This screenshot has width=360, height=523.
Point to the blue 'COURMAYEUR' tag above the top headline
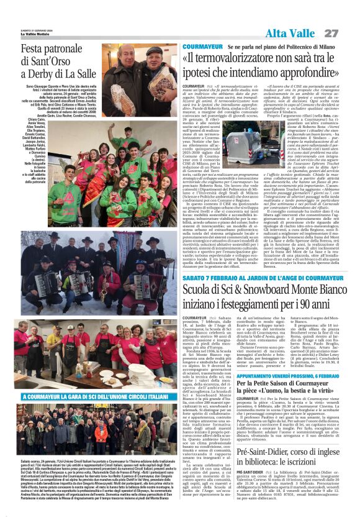click(202, 47)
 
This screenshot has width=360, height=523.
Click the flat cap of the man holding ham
click(154, 50)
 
